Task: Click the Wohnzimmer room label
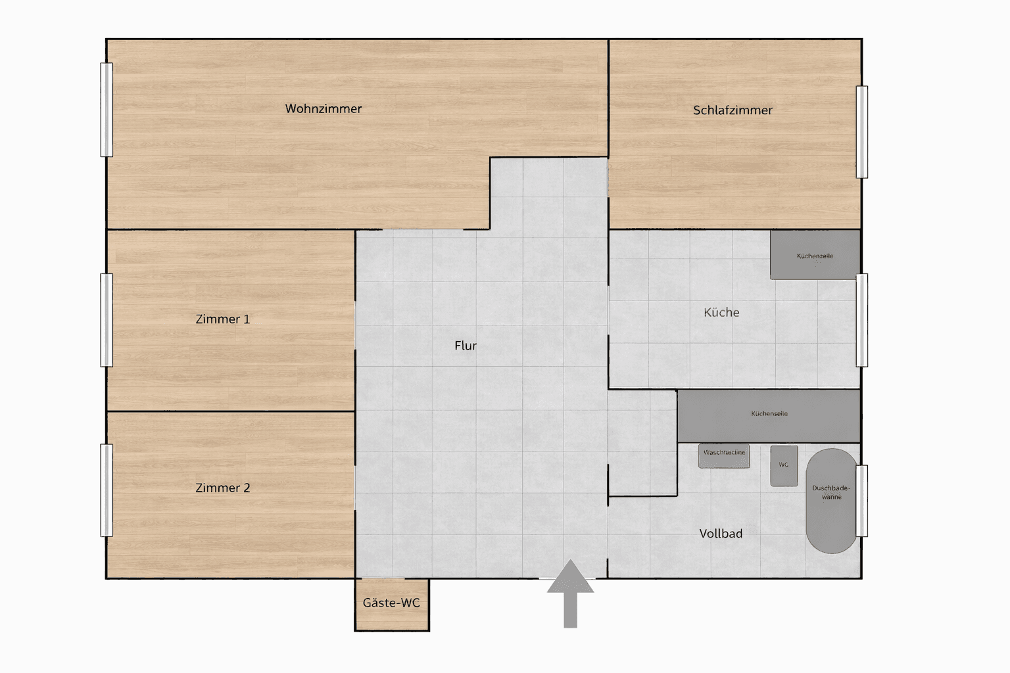tap(323, 109)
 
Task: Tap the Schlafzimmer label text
tap(733, 110)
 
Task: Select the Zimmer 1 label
tap(222, 319)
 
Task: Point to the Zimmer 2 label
tap(222, 488)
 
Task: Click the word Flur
tap(466, 346)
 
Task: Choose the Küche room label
tap(721, 313)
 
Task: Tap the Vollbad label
tap(721, 534)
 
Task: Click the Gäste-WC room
tap(391, 603)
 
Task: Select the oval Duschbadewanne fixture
tap(831, 501)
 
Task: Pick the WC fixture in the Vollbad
tap(784, 466)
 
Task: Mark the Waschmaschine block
tap(724, 456)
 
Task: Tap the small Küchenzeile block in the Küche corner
tap(815, 254)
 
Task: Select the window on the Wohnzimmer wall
tap(107, 110)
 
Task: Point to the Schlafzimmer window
tap(861, 132)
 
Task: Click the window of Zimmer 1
tap(107, 320)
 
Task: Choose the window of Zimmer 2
tap(107, 490)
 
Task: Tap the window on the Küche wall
tap(861, 320)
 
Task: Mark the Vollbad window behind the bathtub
tap(861, 501)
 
